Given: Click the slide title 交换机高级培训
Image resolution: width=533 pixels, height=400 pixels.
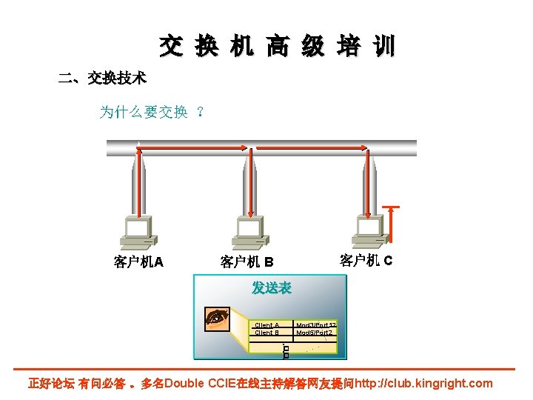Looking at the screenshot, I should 277,47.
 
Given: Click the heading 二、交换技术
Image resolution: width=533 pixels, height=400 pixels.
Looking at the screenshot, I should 102,78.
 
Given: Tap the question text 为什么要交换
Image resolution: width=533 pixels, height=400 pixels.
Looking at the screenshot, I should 144,112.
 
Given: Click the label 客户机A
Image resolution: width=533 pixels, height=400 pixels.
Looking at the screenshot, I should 138,261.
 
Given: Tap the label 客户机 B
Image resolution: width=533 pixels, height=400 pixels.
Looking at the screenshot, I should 247,262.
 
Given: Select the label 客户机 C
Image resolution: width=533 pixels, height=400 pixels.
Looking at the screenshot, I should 366,260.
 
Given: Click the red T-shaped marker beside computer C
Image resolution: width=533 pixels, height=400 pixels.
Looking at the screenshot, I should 392,223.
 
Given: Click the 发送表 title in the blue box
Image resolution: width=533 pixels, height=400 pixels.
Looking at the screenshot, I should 271,288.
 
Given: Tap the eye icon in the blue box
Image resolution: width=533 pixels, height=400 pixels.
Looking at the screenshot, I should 217,318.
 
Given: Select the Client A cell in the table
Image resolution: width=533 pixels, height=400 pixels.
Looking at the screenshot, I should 266,324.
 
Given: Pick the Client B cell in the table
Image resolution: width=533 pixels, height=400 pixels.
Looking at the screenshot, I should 266,333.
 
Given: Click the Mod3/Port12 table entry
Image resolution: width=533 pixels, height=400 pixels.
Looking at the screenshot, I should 316,324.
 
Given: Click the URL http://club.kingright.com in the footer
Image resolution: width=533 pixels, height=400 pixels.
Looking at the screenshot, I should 423,384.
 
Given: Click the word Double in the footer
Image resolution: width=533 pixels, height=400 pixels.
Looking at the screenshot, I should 185,384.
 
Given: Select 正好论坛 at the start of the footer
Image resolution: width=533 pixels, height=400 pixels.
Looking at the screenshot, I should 51,384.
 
